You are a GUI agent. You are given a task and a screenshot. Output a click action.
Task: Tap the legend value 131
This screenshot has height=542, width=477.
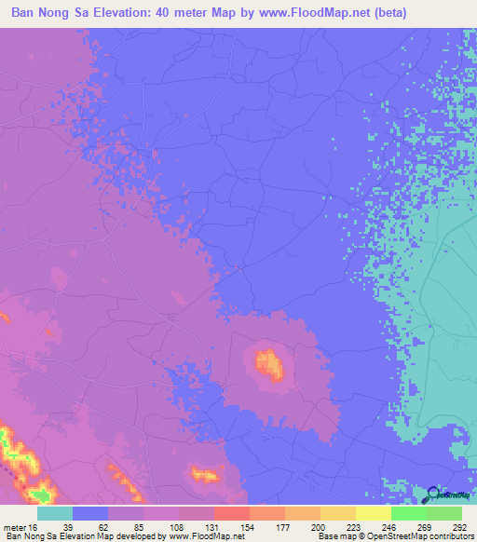pyautogui.click(x=213, y=525)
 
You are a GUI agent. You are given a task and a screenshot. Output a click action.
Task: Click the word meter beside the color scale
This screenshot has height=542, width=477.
pyautogui.click(x=18, y=525)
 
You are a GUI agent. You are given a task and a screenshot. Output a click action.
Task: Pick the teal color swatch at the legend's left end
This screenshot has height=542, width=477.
pyautogui.click(x=55, y=513)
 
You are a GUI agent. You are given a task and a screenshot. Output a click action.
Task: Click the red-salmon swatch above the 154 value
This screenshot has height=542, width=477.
pyautogui.click(x=231, y=513)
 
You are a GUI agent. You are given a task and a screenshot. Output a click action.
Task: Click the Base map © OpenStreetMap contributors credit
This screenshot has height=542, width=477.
pyautogui.click(x=391, y=536)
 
